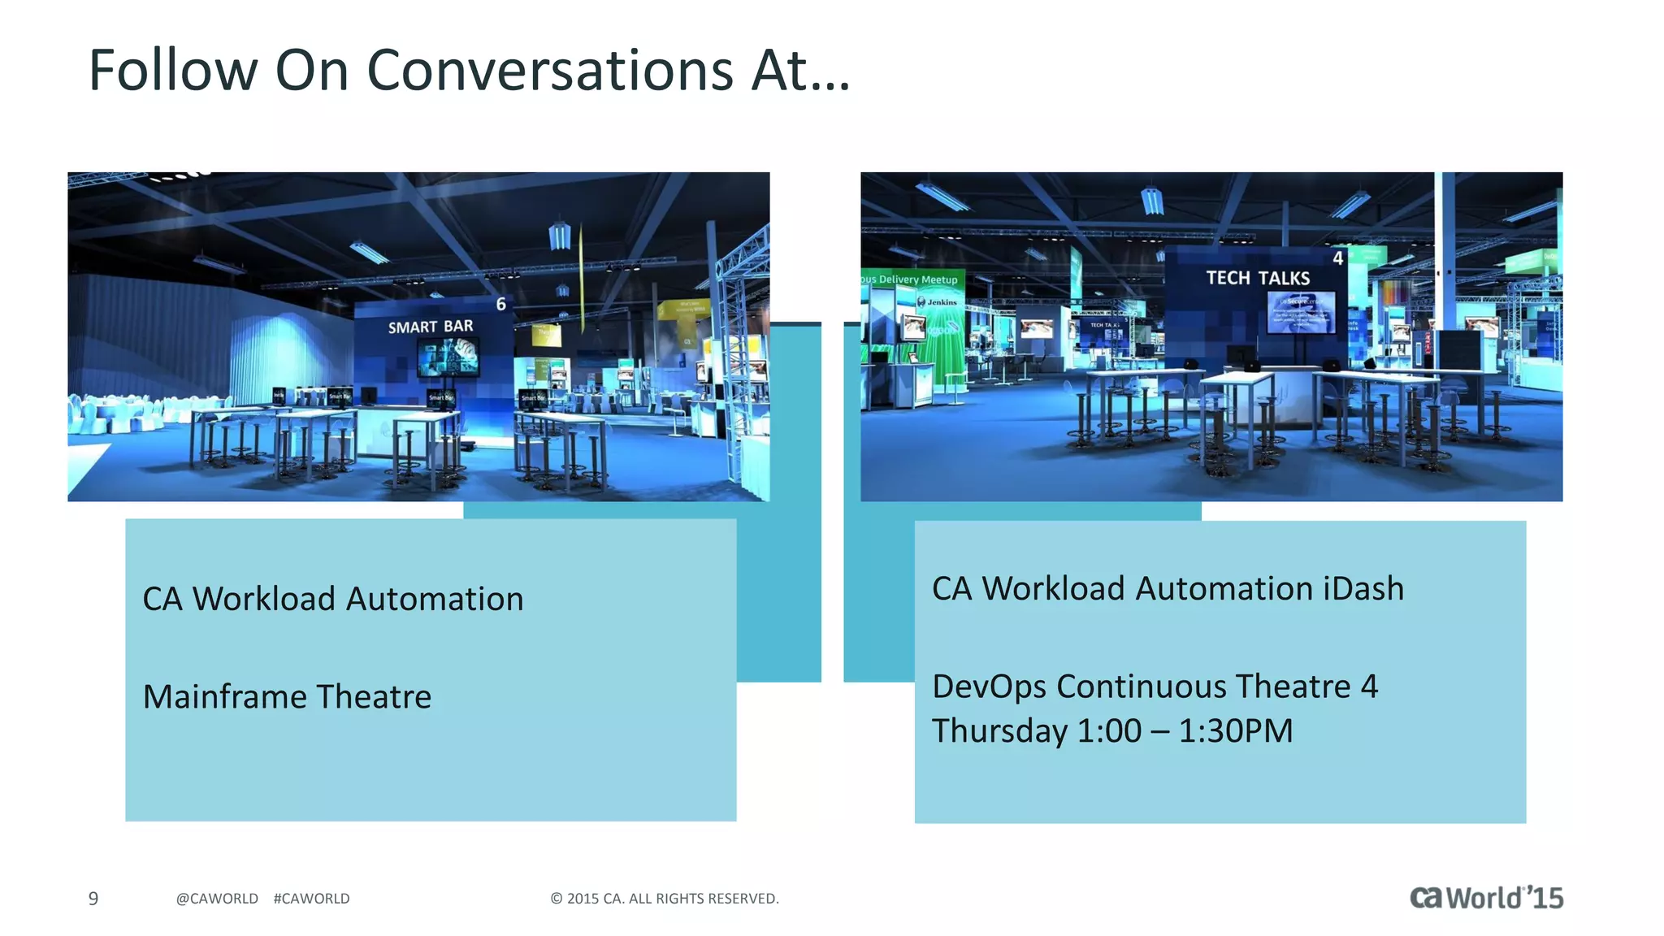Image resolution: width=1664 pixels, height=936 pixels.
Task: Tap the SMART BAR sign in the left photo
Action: click(430, 327)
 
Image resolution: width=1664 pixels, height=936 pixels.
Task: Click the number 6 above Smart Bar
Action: click(501, 304)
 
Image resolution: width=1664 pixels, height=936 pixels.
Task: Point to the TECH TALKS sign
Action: click(1257, 278)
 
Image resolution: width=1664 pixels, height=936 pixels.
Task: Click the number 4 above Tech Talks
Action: click(1337, 258)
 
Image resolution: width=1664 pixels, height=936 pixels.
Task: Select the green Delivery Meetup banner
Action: click(912, 279)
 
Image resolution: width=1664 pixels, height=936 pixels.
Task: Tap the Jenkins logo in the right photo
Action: click(938, 302)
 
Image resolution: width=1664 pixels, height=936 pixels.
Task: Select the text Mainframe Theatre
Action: click(287, 696)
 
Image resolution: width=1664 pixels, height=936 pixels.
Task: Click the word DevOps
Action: click(989, 687)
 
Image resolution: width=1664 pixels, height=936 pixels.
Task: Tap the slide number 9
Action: click(93, 899)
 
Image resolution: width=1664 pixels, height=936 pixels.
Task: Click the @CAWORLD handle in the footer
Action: click(217, 899)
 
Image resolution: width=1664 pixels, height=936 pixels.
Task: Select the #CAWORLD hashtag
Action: click(311, 899)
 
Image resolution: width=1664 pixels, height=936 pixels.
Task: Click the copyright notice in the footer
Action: click(665, 899)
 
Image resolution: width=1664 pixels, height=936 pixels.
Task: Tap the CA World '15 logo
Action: click(1486, 897)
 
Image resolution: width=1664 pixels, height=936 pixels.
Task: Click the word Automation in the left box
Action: click(435, 599)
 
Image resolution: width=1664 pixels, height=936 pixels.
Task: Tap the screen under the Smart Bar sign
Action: click(448, 357)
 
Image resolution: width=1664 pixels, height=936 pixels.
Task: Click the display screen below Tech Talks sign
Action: click(1300, 312)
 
